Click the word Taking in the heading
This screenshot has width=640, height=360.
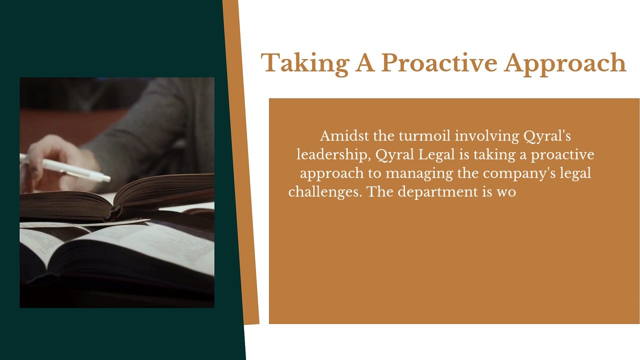point(305,64)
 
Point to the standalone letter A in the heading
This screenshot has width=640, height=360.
point(365,62)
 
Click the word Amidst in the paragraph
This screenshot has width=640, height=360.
point(344,135)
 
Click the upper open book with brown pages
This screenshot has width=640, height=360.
point(117,197)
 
